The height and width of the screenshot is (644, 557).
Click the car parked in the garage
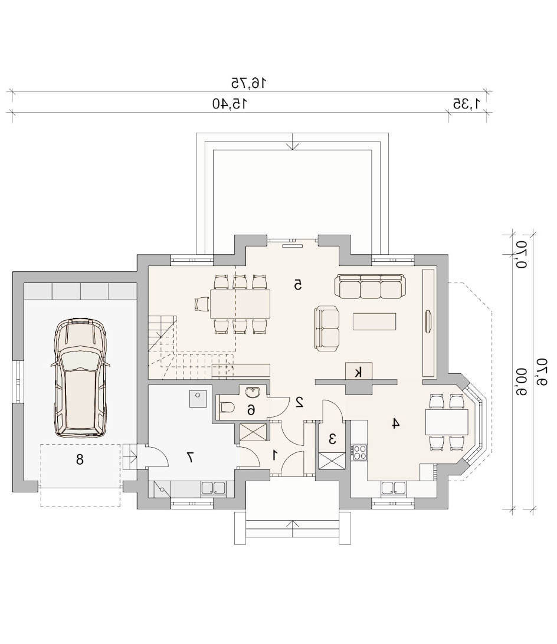click(x=81, y=377)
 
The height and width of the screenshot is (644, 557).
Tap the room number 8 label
click(x=80, y=459)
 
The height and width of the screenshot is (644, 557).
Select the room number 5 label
click(x=298, y=284)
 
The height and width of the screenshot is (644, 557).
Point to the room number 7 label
click(x=191, y=457)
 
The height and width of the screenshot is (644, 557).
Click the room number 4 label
click(x=395, y=423)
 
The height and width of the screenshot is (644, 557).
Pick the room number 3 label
click(x=332, y=439)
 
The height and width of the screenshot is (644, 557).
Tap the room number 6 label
click(x=251, y=409)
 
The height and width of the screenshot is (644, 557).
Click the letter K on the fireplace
click(x=359, y=373)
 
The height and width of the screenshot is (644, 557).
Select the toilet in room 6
click(x=227, y=408)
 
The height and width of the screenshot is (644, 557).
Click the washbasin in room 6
click(x=253, y=392)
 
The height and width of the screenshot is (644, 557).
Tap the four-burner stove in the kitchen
click(x=359, y=452)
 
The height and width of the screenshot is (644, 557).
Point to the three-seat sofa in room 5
click(x=370, y=286)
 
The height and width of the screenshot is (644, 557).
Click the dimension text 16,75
click(x=248, y=83)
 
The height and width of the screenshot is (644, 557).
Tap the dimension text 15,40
click(x=231, y=104)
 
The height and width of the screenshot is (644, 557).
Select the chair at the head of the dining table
click(x=201, y=304)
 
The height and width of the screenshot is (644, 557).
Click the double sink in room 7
click(x=213, y=488)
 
